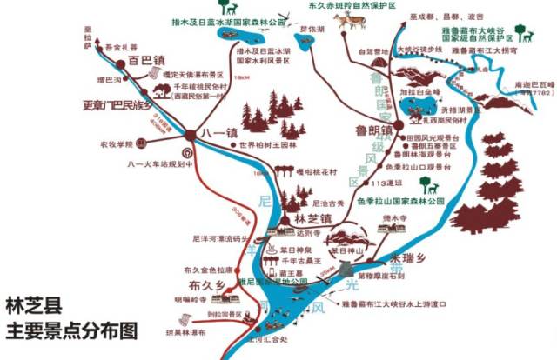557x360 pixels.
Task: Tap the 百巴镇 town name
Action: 145,62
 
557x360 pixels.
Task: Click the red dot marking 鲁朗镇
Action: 390,126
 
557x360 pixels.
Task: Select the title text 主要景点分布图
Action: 71,330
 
